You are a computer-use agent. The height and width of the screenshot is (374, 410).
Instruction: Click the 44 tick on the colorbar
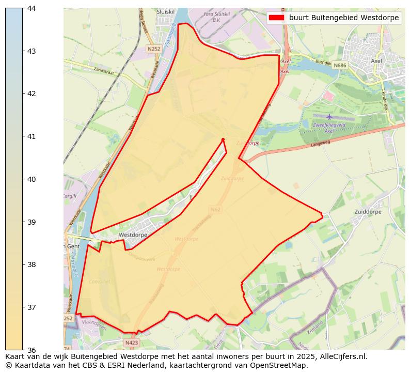(x=23, y=8)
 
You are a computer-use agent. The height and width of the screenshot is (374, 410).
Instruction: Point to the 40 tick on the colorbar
(x=23, y=179)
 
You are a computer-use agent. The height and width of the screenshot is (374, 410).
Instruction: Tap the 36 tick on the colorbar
(x=23, y=350)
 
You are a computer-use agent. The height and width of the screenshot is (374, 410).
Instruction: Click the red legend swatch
(x=277, y=18)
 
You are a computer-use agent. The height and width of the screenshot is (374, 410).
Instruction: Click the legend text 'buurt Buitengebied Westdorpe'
(x=344, y=18)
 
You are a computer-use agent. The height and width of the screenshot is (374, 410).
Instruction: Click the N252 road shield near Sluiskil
(x=153, y=49)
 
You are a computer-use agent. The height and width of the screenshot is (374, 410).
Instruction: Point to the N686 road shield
(x=340, y=66)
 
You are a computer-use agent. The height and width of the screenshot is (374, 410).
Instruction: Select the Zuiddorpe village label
(x=368, y=212)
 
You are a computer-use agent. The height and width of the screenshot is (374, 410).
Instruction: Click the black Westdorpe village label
(x=133, y=235)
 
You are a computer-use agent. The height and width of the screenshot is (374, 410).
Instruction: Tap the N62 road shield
(x=215, y=210)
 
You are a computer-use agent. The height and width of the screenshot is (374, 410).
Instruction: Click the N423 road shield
(x=131, y=342)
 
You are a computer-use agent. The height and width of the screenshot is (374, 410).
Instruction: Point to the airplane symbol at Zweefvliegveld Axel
(x=329, y=116)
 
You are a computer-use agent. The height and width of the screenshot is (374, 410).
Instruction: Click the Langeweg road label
(x=321, y=144)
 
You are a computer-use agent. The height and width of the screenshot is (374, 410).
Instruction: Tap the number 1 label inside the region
(x=191, y=198)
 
